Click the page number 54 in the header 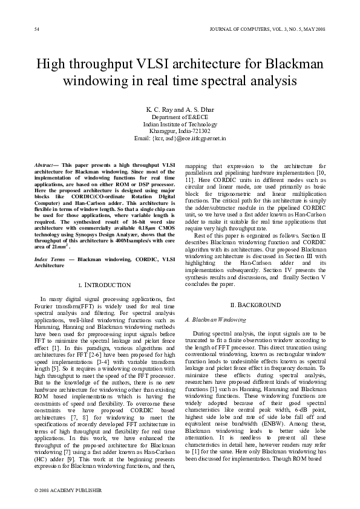coord(37,28)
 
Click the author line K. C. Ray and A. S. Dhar coord(180,109)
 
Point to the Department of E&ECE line coord(180,117)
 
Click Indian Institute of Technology coord(180,123)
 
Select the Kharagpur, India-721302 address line coord(180,130)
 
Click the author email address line coord(180,137)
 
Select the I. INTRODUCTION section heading coord(105,285)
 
